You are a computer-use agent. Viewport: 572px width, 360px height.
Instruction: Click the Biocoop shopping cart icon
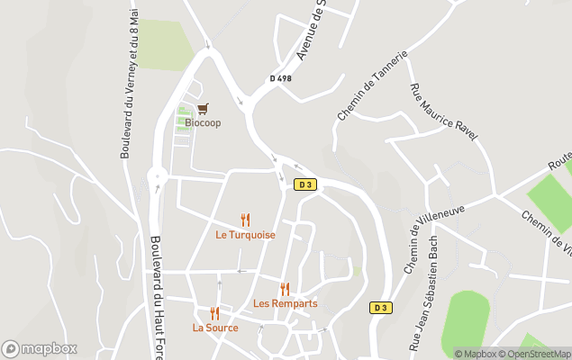pos(202,108)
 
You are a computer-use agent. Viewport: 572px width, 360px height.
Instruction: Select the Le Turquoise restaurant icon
pos(245,220)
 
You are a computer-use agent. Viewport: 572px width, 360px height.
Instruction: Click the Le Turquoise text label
pos(245,235)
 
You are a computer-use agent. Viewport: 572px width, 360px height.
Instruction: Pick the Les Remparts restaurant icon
pos(285,289)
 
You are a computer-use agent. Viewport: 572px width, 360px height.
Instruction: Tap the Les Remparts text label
pos(285,303)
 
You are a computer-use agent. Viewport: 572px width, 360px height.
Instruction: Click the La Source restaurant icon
pos(214,313)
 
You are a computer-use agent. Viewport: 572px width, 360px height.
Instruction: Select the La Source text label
pos(215,328)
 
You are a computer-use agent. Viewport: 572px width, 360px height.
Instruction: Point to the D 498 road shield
pos(280,78)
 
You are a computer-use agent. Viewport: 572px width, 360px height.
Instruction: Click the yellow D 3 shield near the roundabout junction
pos(305,185)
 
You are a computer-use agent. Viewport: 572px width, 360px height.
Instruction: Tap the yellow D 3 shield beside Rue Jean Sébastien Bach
pos(381,308)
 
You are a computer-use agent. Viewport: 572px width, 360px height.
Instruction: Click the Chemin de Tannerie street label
pos(373,86)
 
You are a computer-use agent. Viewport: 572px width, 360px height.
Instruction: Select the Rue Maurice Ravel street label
pos(443,112)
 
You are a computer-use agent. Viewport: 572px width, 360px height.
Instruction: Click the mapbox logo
pos(39,348)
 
